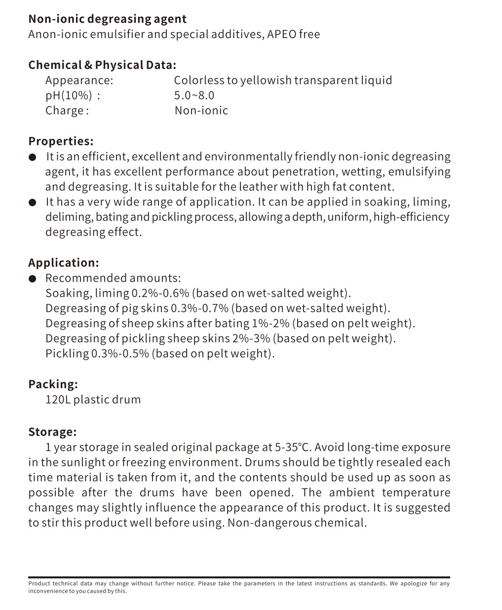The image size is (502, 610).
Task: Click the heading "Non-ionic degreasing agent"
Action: (x=107, y=19)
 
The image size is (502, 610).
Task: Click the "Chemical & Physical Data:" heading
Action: (x=102, y=65)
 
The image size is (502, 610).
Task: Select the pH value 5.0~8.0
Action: (x=194, y=95)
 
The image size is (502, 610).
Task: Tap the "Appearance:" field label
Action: (x=79, y=81)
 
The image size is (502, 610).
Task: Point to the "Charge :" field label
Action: (x=67, y=111)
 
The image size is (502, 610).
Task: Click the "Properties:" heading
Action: (x=61, y=141)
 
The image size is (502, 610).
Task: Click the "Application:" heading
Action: (x=64, y=263)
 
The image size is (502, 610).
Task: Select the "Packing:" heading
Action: (x=53, y=384)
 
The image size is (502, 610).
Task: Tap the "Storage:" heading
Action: (x=52, y=432)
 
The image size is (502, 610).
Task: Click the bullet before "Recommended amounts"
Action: (x=33, y=279)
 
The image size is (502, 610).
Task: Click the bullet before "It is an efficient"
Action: (x=33, y=158)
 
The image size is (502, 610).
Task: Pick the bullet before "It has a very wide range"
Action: (x=33, y=203)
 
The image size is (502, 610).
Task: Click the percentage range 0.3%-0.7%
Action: (x=199, y=309)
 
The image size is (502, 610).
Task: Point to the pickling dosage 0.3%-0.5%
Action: (x=120, y=354)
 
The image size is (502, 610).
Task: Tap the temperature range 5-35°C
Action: (x=293, y=447)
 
